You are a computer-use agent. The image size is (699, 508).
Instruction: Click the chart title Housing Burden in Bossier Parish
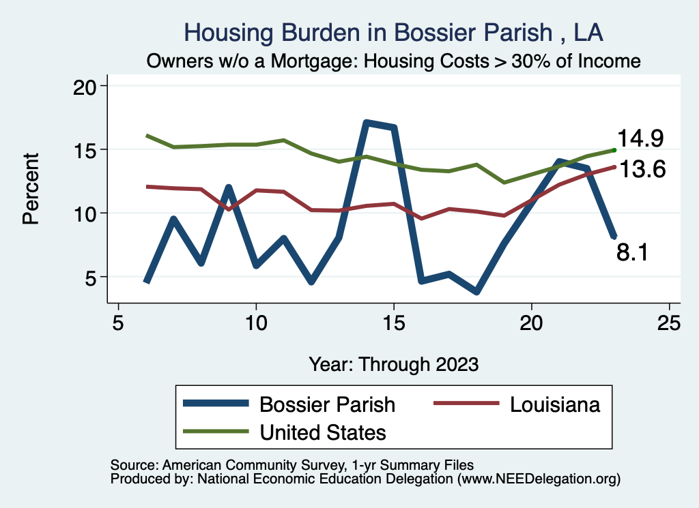(394, 33)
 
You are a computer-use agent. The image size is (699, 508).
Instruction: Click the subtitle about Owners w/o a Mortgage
(394, 61)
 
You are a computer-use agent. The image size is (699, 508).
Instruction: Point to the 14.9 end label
(640, 138)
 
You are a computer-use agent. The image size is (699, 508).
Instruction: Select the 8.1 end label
(632, 253)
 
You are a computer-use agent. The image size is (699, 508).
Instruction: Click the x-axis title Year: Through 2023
(393, 363)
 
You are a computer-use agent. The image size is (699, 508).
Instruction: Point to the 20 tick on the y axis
(85, 86)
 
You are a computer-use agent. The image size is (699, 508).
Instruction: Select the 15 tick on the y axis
(85, 150)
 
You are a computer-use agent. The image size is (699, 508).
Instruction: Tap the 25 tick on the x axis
(669, 323)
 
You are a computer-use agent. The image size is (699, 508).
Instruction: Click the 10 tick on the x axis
(256, 323)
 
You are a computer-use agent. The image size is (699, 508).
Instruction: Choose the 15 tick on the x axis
(394, 323)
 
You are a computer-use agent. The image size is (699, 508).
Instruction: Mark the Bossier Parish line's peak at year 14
(367, 123)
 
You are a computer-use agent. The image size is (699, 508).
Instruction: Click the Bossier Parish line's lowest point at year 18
(476, 292)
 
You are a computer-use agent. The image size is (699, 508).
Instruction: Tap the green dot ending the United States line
(614, 150)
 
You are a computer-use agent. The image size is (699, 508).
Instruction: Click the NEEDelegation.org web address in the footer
(539, 479)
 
